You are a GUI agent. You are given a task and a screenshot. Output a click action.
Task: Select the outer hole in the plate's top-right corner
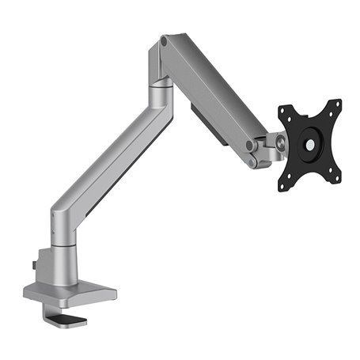point(338,104)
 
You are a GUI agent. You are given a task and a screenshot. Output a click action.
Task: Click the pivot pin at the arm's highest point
point(164,39)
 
